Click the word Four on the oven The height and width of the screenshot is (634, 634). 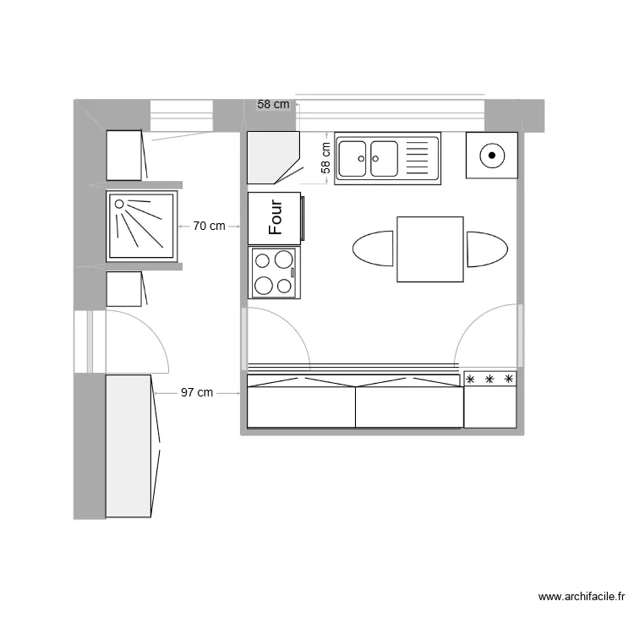(x=275, y=217)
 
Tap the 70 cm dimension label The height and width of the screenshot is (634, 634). (x=209, y=226)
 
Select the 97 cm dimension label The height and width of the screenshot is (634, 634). (x=196, y=392)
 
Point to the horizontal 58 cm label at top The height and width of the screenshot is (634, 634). (x=273, y=105)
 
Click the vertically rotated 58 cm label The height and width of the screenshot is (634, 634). (x=325, y=157)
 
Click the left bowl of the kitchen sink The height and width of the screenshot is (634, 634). (x=352, y=157)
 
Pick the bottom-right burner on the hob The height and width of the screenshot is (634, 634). (x=285, y=285)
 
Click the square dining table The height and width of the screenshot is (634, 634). (x=430, y=249)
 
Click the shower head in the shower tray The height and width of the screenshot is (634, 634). (x=120, y=204)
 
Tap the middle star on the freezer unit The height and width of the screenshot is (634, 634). (x=489, y=380)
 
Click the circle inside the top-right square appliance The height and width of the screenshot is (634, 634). (x=491, y=156)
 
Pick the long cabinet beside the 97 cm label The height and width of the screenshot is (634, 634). (x=128, y=445)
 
